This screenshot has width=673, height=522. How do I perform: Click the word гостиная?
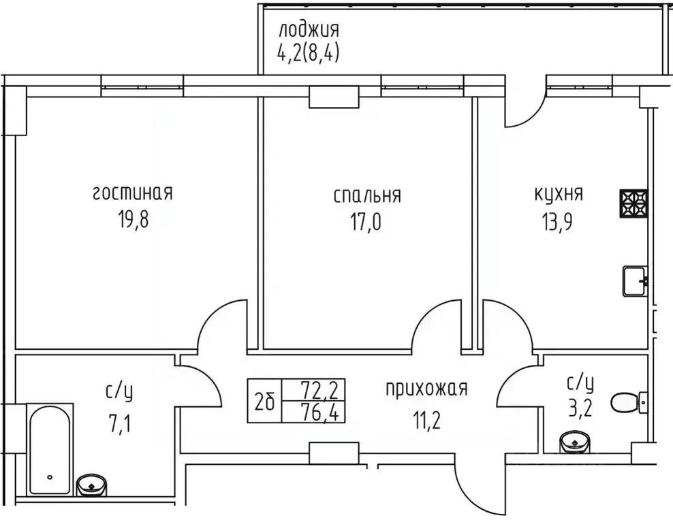pos(132,193)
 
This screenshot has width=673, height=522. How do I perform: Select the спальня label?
pos(367,196)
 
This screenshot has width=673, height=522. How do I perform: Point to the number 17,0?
pos(367,223)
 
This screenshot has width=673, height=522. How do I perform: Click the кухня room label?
pos(559,194)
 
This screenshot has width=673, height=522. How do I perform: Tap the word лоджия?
pos(308,30)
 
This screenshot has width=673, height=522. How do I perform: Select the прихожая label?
pos(426,389)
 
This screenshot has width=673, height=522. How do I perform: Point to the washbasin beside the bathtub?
pos(91,486)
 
